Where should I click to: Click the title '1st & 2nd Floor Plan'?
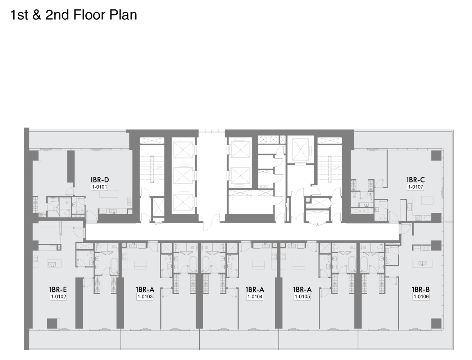[74, 15]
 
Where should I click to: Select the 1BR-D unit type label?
[100, 180]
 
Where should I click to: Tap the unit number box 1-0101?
[100, 187]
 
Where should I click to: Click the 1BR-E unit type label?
[58, 289]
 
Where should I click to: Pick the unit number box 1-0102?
[58, 297]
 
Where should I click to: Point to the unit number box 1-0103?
[145, 297]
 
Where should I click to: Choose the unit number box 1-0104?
[255, 297]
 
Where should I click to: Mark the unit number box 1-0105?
[302, 297]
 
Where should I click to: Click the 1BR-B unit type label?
[421, 289]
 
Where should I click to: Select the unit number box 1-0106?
[421, 297]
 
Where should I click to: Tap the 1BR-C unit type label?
[416, 180]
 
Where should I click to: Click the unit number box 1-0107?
[416, 187]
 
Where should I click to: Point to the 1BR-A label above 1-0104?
[255, 289]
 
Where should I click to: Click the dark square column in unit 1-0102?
[52, 323]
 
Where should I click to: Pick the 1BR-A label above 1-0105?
[302, 289]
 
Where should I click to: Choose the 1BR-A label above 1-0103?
[145, 289]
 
